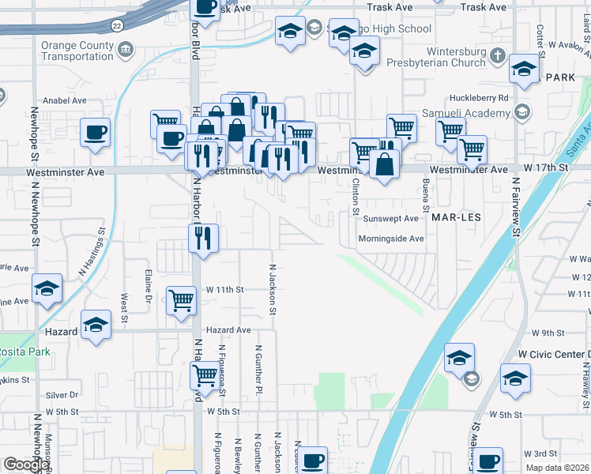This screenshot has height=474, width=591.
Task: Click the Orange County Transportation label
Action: [x=77, y=51]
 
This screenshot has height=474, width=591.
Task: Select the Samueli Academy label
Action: [x=471, y=113]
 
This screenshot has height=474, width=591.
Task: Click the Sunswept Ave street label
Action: [x=390, y=218]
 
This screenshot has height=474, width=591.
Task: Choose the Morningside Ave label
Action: [x=391, y=238]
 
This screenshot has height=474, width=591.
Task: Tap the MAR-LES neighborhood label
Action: [x=456, y=215]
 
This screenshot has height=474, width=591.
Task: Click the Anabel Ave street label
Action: [x=66, y=100]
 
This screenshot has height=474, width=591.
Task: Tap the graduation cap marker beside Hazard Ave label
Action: [x=96, y=325]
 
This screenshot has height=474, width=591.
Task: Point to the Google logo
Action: [x=25, y=465]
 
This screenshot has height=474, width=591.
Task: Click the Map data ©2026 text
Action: [x=558, y=468]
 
